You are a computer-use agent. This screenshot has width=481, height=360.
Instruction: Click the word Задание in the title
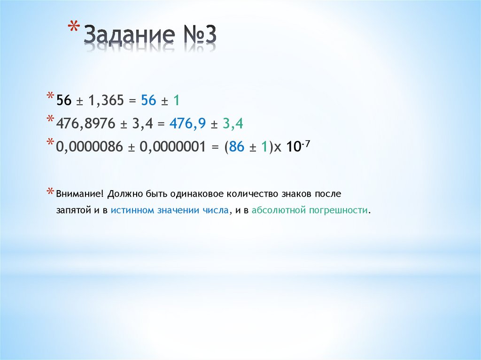pyautogui.click(x=127, y=37)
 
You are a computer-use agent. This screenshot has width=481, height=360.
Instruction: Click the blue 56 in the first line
pyautogui.click(x=148, y=100)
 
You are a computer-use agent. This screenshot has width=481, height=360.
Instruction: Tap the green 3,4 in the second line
pyautogui.click(x=233, y=124)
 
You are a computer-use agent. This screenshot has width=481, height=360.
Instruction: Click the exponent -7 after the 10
pyautogui.click(x=306, y=143)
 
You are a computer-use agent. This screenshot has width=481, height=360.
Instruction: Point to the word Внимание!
pyautogui.click(x=78, y=194)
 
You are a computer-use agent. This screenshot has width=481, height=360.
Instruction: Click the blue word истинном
pyautogui.click(x=132, y=210)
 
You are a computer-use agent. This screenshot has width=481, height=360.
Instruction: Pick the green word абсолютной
pyautogui.click(x=278, y=210)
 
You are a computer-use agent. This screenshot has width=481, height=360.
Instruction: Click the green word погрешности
pyautogui.click(x=338, y=210)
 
